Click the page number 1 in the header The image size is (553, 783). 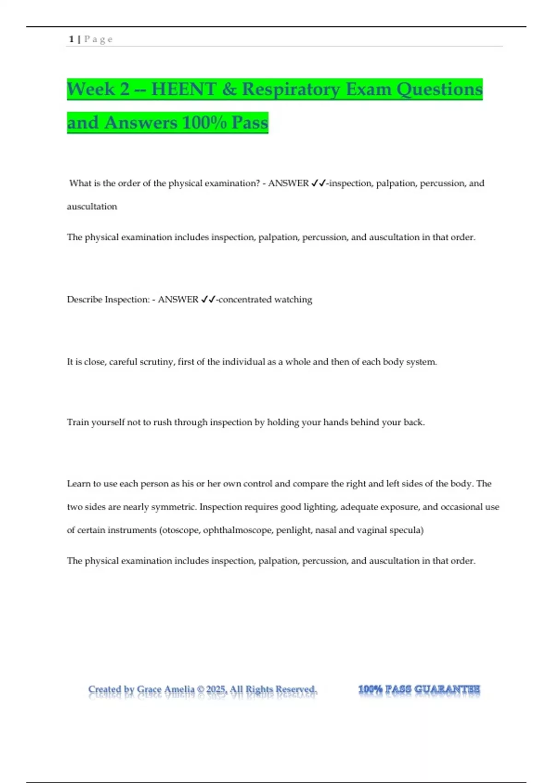[71, 39]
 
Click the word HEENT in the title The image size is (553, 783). [183, 89]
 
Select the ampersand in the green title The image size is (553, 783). [229, 89]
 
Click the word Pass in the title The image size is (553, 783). [250, 123]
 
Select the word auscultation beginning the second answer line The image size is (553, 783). [92, 206]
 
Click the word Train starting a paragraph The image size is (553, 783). [77, 422]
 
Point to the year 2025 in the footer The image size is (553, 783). [216, 690]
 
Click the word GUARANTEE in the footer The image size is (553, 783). [447, 690]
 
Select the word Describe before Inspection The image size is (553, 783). [84, 299]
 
